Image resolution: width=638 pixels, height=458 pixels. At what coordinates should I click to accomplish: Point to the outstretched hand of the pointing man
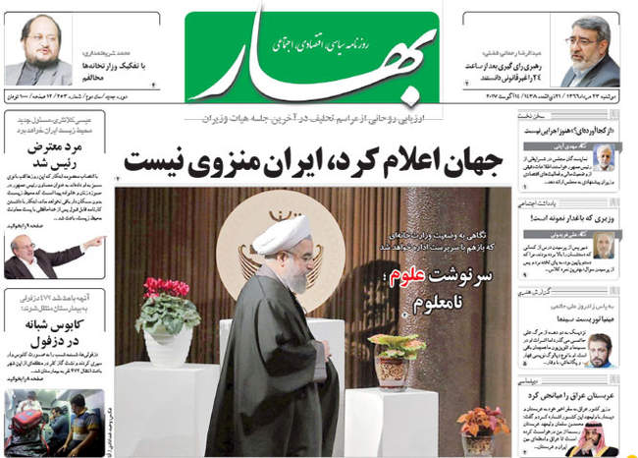tap(95, 241)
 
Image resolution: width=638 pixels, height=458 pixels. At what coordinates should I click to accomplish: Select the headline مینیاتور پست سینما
tap(574, 318)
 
